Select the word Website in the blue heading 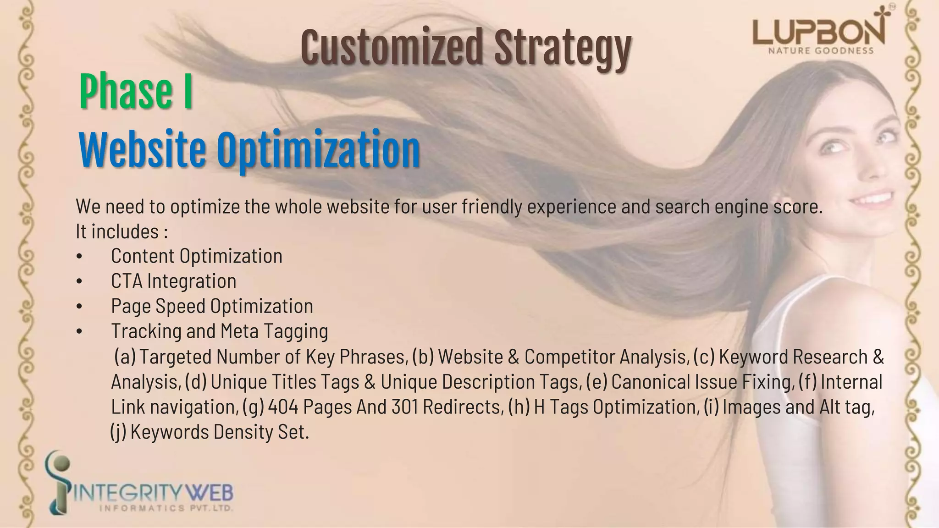(x=142, y=149)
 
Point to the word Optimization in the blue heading (x=318, y=150)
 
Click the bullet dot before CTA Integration (x=80, y=281)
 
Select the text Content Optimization (x=196, y=256)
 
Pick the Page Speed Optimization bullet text (x=212, y=306)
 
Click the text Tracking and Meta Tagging (x=219, y=331)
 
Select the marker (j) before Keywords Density (x=118, y=432)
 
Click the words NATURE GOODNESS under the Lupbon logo (x=820, y=51)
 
